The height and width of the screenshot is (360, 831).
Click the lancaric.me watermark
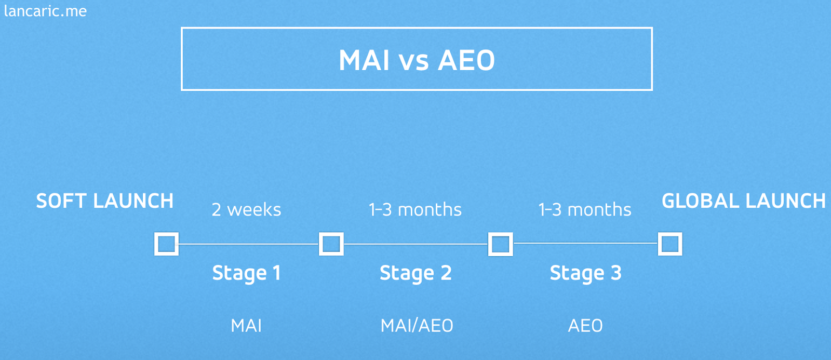pyautogui.click(x=45, y=11)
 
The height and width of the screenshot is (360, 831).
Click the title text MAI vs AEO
pyautogui.click(x=417, y=60)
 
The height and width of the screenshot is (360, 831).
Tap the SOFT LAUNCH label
pyautogui.click(x=104, y=201)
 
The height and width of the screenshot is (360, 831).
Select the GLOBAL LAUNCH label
pyautogui.click(x=743, y=201)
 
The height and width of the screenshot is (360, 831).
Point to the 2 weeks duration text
pyautogui.click(x=246, y=210)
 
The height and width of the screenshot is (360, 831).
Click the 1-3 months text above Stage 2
pyautogui.click(x=415, y=210)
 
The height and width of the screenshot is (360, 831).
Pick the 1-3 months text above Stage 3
pyautogui.click(x=585, y=210)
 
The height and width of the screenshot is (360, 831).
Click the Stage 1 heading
pyautogui.click(x=246, y=273)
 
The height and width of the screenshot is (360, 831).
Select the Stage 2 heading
pyautogui.click(x=415, y=273)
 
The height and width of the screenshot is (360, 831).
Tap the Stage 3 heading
pyautogui.click(x=585, y=273)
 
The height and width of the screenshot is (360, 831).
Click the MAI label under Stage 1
pyautogui.click(x=246, y=326)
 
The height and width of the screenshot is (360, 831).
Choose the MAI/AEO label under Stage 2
pyautogui.click(x=417, y=326)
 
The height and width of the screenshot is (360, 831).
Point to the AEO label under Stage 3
pyautogui.click(x=585, y=326)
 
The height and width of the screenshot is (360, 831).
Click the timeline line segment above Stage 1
pyautogui.click(x=249, y=244)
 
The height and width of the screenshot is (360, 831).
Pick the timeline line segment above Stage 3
pyautogui.click(x=585, y=243)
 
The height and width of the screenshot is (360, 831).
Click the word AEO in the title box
pyautogui.click(x=466, y=60)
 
